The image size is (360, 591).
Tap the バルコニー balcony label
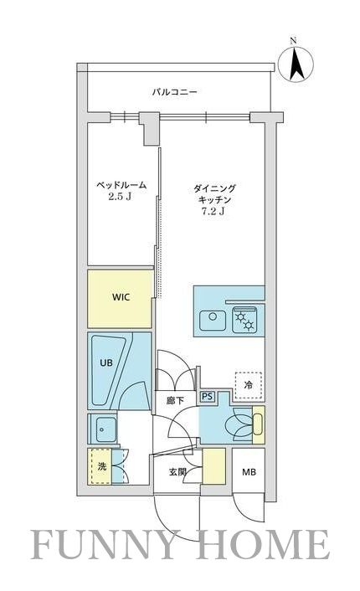[x=174, y=92]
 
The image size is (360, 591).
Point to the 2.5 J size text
[x=120, y=198]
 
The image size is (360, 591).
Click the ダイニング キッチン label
[x=214, y=196]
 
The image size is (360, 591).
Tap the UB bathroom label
[x=107, y=363]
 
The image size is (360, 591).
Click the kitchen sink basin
[x=213, y=317]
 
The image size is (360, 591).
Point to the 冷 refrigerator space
[x=248, y=384]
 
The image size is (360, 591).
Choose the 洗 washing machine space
[x=100, y=467]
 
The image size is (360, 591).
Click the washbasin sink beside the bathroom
[x=104, y=429]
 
